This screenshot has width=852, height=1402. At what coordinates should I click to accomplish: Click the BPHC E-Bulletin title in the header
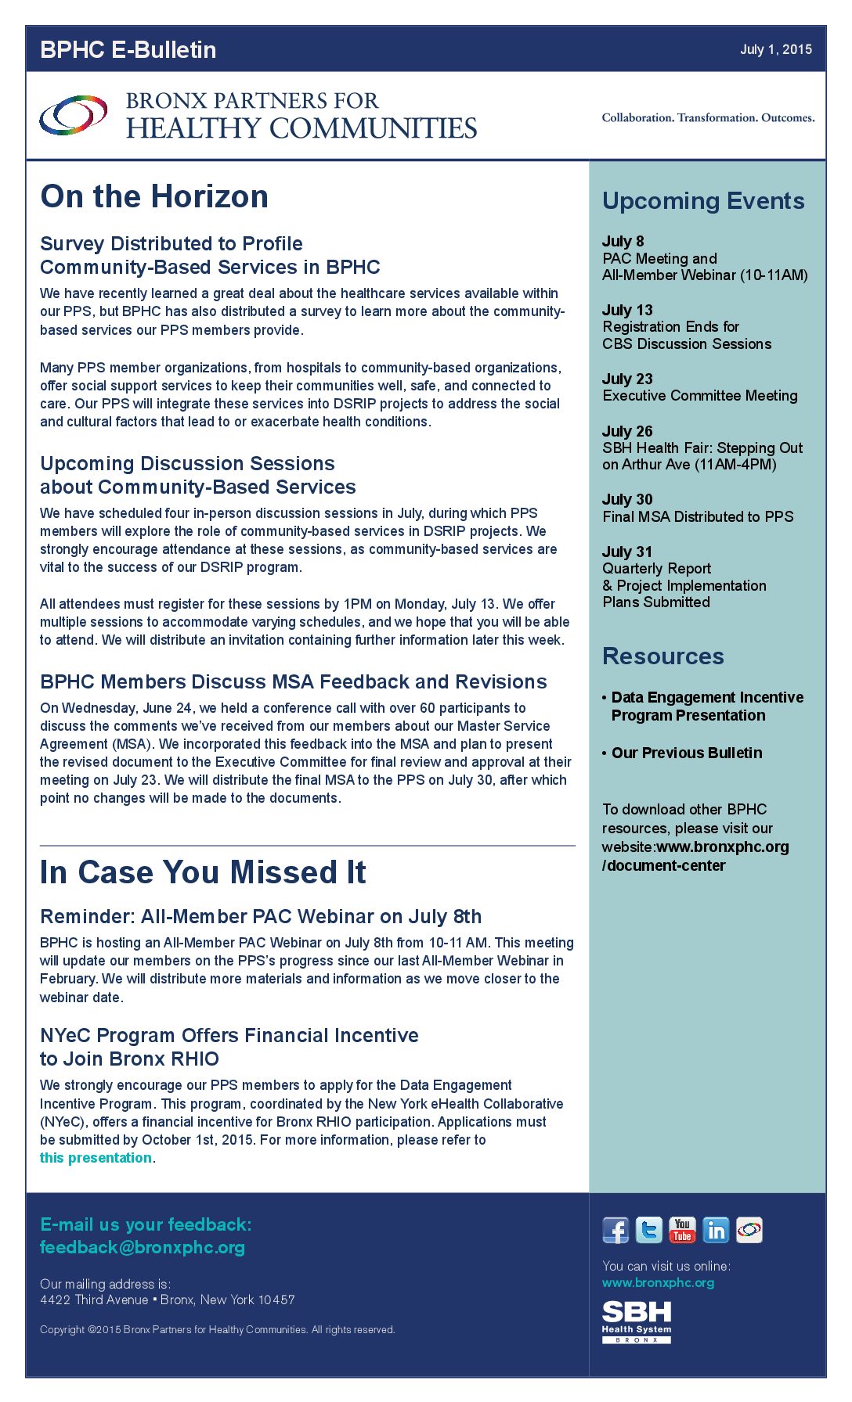pos(128,49)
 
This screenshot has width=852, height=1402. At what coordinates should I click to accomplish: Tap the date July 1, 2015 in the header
pos(775,49)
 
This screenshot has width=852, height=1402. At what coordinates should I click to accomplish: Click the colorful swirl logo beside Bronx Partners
pos(74,115)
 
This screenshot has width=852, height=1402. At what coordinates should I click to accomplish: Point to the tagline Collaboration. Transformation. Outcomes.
pos(708,117)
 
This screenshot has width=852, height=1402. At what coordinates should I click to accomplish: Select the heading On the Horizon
pos(154,196)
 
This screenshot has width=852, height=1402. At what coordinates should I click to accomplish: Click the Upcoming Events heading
pos(703,201)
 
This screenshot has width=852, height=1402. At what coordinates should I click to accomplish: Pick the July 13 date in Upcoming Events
pos(627,310)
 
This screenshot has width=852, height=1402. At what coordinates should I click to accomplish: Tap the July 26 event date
pos(627,431)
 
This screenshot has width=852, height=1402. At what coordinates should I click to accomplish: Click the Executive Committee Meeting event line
pos(700,396)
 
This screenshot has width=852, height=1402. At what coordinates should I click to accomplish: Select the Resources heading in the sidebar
pos(662,656)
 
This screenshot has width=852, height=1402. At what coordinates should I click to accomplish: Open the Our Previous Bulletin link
pos(687,753)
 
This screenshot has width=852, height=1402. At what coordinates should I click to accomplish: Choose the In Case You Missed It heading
pos(203,872)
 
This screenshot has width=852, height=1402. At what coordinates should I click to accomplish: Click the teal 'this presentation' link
pos(96,1158)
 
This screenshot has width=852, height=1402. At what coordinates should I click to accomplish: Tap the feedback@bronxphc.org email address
pos(143,1247)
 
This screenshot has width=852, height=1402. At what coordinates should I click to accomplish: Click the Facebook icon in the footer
pos(616,1231)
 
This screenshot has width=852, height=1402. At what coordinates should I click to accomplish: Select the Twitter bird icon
pos(648,1231)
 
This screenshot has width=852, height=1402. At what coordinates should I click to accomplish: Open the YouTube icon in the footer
pos(682,1231)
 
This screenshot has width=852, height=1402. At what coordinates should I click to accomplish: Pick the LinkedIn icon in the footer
pos(716,1231)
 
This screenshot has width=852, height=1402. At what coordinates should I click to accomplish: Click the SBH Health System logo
pos(637,1321)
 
